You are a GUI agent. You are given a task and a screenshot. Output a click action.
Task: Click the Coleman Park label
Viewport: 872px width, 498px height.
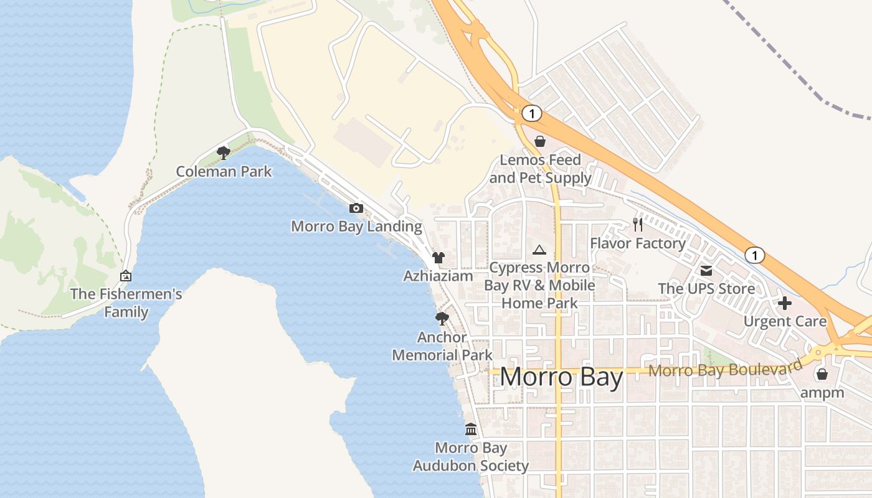pos(224,171)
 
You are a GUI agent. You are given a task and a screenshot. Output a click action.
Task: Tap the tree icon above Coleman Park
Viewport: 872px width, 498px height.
pos(223,153)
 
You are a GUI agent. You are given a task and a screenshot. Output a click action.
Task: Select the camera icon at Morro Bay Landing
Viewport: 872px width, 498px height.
pos(356,208)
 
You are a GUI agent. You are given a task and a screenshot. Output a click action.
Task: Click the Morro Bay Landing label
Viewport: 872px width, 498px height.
pos(356,226)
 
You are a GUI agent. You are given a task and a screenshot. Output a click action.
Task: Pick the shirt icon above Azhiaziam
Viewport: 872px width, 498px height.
pos(438,258)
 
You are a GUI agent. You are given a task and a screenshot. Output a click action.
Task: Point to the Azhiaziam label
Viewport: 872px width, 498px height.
pos(438,276)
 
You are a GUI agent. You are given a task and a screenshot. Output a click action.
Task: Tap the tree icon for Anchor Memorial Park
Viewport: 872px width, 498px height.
pos(442,319)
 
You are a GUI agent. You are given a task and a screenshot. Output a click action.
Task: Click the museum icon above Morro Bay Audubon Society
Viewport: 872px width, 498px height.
pos(471,430)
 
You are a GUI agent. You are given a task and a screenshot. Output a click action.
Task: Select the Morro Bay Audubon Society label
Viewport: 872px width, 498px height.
pos(471,456)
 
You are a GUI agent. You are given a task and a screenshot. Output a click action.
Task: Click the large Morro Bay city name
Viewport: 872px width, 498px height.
pos(561,377)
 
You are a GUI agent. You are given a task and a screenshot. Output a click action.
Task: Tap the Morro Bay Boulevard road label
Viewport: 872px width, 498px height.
pos(725,369)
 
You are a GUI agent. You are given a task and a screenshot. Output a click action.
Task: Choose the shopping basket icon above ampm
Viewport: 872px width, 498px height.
pos(822,374)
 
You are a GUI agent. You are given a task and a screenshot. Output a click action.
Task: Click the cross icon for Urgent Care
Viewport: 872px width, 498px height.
pos(785,303)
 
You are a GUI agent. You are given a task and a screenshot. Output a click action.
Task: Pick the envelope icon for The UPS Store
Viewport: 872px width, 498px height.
pos(706,271)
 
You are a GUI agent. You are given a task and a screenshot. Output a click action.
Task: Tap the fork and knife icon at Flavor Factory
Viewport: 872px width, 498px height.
pos(638,225)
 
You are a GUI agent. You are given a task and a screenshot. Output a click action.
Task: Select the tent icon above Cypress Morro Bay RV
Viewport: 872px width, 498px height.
pos(539,250)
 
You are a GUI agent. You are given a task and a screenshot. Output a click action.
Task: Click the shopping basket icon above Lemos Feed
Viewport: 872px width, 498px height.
pos(540,141)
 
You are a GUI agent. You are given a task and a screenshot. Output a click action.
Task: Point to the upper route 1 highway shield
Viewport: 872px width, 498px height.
pos(531,113)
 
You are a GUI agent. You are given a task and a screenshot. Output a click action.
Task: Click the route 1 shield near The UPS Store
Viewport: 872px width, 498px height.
pos(755,255)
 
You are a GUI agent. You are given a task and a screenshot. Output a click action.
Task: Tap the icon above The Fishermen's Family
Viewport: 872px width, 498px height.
pos(126,276)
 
